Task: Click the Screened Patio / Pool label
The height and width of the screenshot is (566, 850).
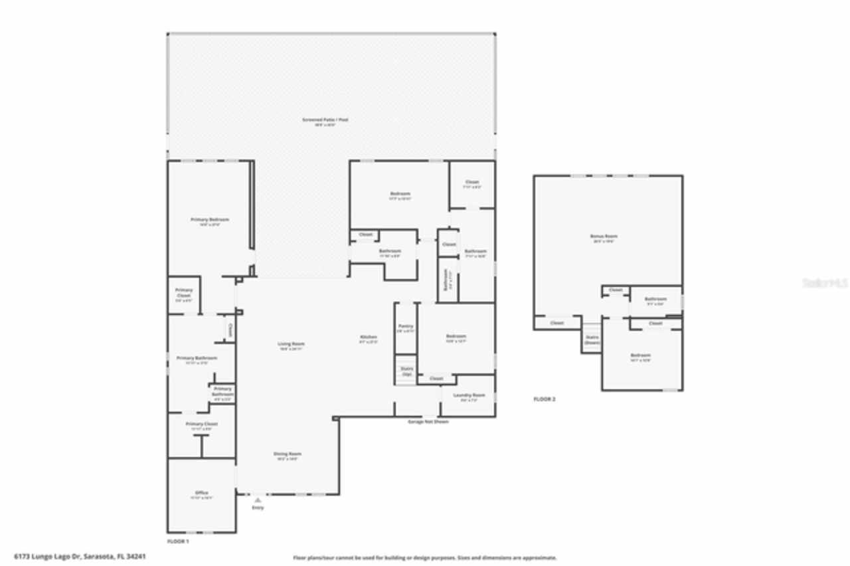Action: pyautogui.click(x=325, y=120)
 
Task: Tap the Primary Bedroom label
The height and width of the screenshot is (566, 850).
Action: pyautogui.click(x=210, y=220)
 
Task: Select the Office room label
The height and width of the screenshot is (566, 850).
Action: pyautogui.click(x=202, y=493)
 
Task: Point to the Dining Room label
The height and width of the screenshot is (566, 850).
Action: pyautogui.click(x=288, y=454)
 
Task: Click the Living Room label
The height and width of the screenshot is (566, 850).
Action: pyautogui.click(x=290, y=344)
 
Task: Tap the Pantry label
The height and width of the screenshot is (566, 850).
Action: pyautogui.click(x=406, y=326)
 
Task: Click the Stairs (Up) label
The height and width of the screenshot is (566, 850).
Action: pyautogui.click(x=406, y=371)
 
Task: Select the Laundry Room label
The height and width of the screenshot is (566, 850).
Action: pyautogui.click(x=469, y=395)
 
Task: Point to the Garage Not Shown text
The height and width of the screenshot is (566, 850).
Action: pyautogui.click(x=428, y=422)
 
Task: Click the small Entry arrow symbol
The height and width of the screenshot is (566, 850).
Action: pyautogui.click(x=258, y=499)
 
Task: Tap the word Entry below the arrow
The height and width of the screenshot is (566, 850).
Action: pyautogui.click(x=258, y=508)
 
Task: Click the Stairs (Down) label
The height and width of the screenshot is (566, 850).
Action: pyautogui.click(x=592, y=339)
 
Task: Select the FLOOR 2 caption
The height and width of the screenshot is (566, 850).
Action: pyautogui.click(x=545, y=399)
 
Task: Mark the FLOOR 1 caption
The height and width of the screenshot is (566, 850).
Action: pyautogui.click(x=178, y=541)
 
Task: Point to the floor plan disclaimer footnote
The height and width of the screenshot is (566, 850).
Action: pyautogui.click(x=425, y=558)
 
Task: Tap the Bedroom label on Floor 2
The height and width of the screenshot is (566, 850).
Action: pyautogui.click(x=640, y=355)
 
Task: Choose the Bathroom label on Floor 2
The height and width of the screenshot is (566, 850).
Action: pyautogui.click(x=655, y=299)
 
